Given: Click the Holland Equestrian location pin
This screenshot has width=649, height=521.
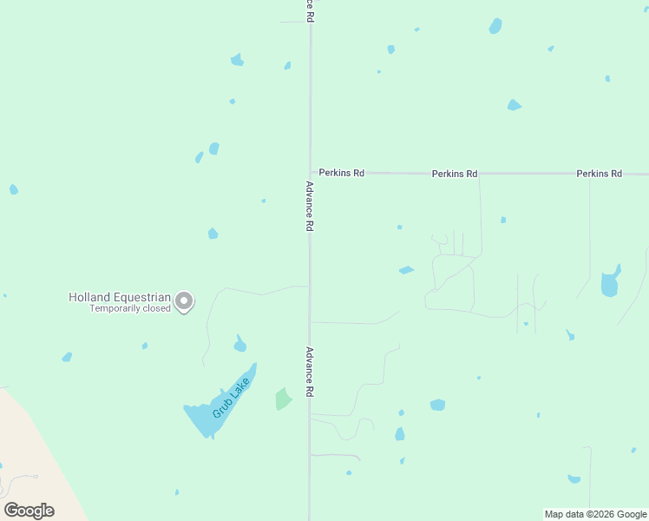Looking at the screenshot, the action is tap(184, 300).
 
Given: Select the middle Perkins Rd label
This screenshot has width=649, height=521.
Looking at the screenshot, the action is tap(455, 174).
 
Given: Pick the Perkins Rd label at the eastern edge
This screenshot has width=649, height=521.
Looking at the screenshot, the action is tap(599, 174).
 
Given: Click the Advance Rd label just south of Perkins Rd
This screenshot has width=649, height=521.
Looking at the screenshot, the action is tap(309, 206).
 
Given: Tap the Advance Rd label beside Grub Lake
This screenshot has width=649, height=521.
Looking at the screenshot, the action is tap(309, 373).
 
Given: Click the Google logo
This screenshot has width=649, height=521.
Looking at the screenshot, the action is tap(29, 510).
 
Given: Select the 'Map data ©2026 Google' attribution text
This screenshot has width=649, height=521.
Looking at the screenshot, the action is tap(595, 514).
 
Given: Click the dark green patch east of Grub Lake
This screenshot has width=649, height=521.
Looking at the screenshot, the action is tap(284, 399).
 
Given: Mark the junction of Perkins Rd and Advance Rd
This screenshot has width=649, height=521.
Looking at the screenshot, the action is tap(310, 173).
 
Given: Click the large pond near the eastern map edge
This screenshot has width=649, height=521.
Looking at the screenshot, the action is tap(610, 283).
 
